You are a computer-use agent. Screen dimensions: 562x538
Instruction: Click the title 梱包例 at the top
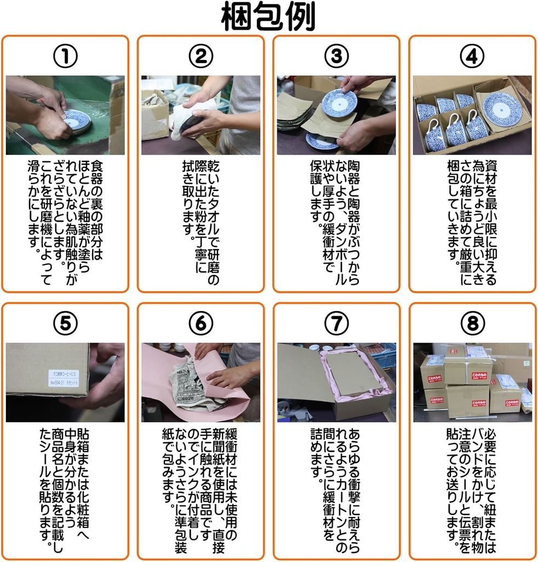tap(268, 19)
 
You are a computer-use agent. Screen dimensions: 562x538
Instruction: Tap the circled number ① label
tap(65, 57)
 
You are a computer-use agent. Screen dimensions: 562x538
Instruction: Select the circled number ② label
tap(201, 57)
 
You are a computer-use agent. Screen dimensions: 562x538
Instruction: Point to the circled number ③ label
tap(336, 57)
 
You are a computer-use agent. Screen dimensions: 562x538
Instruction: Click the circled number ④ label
tap(472, 57)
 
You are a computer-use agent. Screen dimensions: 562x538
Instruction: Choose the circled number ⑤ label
tap(65, 324)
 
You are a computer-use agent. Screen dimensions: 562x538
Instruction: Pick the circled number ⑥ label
tap(201, 324)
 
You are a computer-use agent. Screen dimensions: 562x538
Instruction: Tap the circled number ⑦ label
tap(336, 324)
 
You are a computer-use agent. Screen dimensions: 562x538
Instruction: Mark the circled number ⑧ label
tap(472, 324)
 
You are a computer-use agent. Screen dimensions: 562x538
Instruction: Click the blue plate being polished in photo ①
tap(77, 121)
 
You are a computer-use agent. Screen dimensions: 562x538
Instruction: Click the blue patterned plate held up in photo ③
tap(339, 102)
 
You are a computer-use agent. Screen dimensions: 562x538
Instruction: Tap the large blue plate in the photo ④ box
tap(502, 108)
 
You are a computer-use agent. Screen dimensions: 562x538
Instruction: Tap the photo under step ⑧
tap(472, 382)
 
